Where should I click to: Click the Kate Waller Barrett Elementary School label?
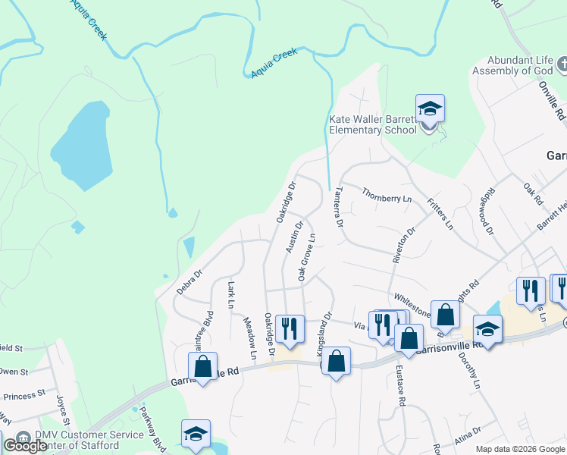point(373,124)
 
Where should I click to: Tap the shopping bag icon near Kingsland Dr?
point(337,361)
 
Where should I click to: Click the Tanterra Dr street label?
point(339,207)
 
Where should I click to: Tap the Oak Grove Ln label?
point(306,258)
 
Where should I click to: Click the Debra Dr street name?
point(190,282)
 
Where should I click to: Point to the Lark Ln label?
point(231,295)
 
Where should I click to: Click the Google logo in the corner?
point(26,446)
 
